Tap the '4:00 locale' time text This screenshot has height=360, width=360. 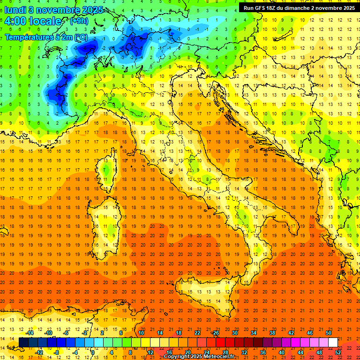(x=33, y=21)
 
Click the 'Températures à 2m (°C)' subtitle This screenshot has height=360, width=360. (x=46, y=37)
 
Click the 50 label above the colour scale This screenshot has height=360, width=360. (x=329, y=333)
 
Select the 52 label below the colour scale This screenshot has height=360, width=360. (x=337, y=352)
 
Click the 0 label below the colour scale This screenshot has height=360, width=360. (x=94, y=352)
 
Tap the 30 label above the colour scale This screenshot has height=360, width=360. (x=234, y=333)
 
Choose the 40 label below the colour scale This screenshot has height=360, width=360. (x=281, y=352)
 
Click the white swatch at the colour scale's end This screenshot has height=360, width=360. (x=333, y=342)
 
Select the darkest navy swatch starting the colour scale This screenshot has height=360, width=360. (x=23, y=342)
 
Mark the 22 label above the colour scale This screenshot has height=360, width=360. (x=197, y=333)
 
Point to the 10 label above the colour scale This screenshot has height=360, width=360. (x=141, y=333)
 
